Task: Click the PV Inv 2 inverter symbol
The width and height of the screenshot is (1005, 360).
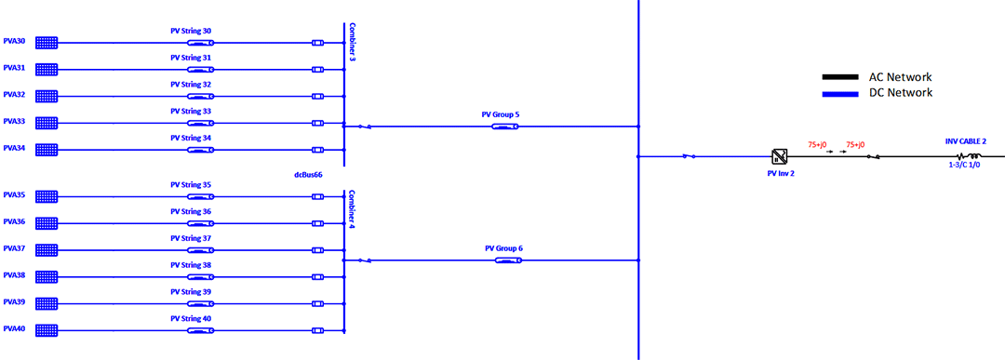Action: coord(780,156)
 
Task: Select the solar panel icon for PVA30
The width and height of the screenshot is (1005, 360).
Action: coord(47,43)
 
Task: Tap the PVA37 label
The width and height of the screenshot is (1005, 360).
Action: coord(14,248)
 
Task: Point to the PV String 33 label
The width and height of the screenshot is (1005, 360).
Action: coord(191,112)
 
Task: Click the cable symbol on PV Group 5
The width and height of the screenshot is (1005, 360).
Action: coord(504,127)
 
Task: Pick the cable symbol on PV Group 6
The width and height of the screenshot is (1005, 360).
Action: coord(508,260)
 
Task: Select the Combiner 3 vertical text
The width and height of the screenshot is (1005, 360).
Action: coord(352,42)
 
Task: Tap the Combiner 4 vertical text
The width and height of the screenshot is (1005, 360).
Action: coord(352,209)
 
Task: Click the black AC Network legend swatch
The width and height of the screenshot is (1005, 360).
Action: coord(839,77)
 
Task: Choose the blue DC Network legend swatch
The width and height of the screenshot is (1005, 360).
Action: coord(839,94)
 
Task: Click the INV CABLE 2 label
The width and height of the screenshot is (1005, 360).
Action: coord(966,140)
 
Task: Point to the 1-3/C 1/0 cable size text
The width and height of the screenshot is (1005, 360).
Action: coord(966,166)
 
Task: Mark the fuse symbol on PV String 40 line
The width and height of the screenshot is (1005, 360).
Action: coord(317,331)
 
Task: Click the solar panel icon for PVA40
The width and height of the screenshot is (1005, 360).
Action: coord(47,330)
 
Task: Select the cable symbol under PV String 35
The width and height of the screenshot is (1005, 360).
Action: coord(201,197)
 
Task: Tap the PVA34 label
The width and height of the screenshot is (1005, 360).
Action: coord(14,149)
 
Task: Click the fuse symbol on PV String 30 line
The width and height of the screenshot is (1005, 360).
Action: coord(317,43)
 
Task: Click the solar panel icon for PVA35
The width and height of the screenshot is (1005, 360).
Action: coord(47,196)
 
